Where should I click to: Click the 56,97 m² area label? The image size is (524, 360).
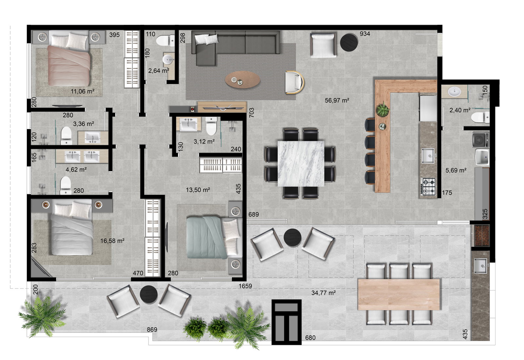tap(337, 100)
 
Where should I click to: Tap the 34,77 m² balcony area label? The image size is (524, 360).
tap(323, 293)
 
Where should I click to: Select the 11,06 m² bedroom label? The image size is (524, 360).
tap(83, 91)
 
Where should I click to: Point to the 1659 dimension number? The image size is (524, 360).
tap(245, 286)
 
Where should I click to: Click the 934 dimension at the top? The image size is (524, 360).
tap(365, 34)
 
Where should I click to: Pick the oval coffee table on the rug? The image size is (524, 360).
tap(243, 80)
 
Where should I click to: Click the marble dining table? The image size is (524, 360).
tap(301, 164)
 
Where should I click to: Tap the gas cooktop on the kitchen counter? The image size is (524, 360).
tap(428, 187)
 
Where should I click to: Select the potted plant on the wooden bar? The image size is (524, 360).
tap(382, 109)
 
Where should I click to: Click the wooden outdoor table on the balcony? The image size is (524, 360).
tap(398, 294)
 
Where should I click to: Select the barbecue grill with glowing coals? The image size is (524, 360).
tap(482, 235)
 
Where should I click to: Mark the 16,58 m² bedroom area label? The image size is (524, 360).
tap(112, 241)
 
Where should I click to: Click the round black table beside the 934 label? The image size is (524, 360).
tap(349, 42)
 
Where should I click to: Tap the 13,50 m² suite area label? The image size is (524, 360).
tap(198, 190)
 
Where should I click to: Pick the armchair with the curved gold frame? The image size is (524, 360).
tap(294, 82)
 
